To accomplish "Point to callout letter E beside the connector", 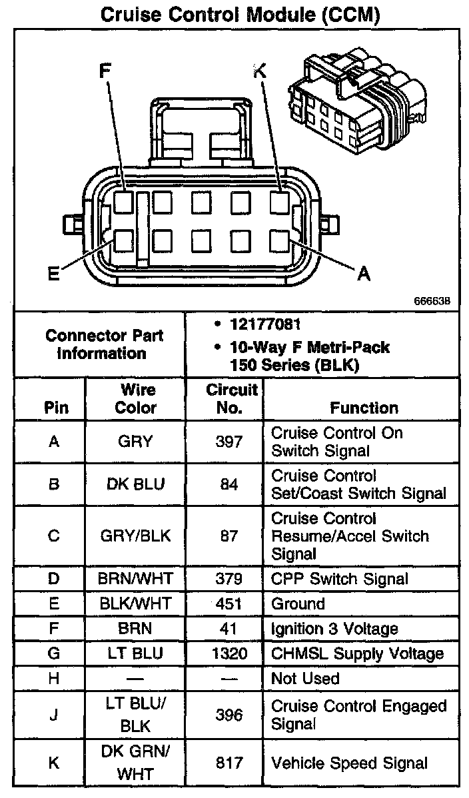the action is coord(53,274).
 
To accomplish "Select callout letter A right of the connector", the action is coord(363,273).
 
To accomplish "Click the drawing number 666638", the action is coord(432,300).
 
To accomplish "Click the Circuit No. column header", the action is coord(225,398).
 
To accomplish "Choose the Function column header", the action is coord(364,408).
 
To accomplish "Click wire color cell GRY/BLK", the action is coord(135,536).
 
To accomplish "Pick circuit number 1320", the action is coord(225,653).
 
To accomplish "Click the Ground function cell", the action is coord(298,603).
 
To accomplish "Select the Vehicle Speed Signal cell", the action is coord(349,763).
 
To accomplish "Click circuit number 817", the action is coord(225,763).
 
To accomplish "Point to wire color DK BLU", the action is coord(135,484).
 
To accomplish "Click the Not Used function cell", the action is coord(305,679).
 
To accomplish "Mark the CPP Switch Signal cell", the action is coord(339,579).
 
